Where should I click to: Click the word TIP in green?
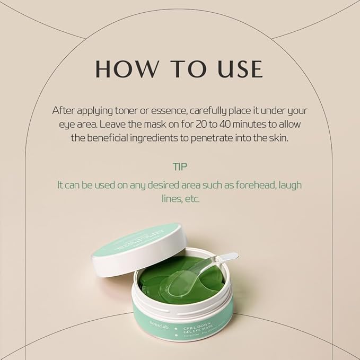click(180, 166)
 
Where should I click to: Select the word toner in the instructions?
click(130, 111)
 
